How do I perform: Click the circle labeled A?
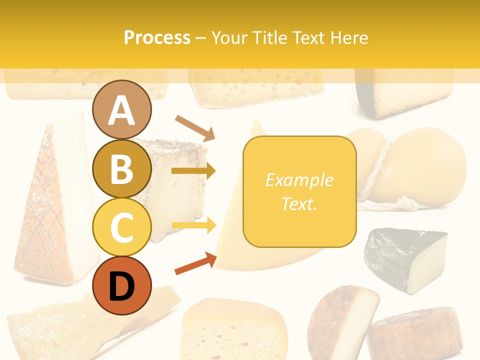tap(121, 110)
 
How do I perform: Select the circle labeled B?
tap(121, 168)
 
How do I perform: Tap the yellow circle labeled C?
tap(121, 227)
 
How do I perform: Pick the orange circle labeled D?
tap(121, 285)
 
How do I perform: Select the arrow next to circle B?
tap(193, 171)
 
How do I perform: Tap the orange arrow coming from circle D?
tap(195, 263)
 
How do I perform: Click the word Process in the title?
tap(157, 37)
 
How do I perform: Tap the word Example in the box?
tap(299, 180)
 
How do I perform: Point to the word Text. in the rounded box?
tap(299, 203)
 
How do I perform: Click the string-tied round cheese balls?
tap(410, 167)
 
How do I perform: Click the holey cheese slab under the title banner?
tap(257, 88)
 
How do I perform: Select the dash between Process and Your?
tap(201, 38)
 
